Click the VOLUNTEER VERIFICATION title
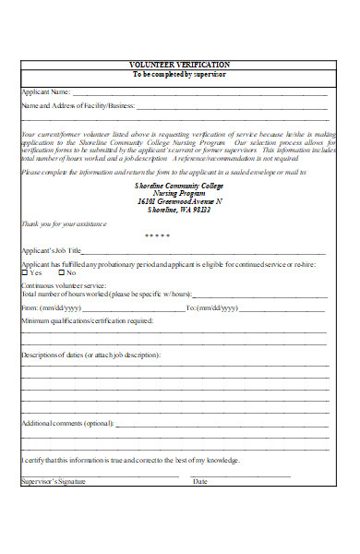[x=180, y=65]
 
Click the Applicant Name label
[x=45, y=92]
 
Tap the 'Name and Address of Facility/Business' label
[x=78, y=106]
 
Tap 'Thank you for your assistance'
[x=64, y=223]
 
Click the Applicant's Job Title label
[x=52, y=251]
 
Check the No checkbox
[x=62, y=273]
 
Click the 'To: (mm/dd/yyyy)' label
[x=211, y=307]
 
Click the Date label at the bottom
[x=200, y=481]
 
